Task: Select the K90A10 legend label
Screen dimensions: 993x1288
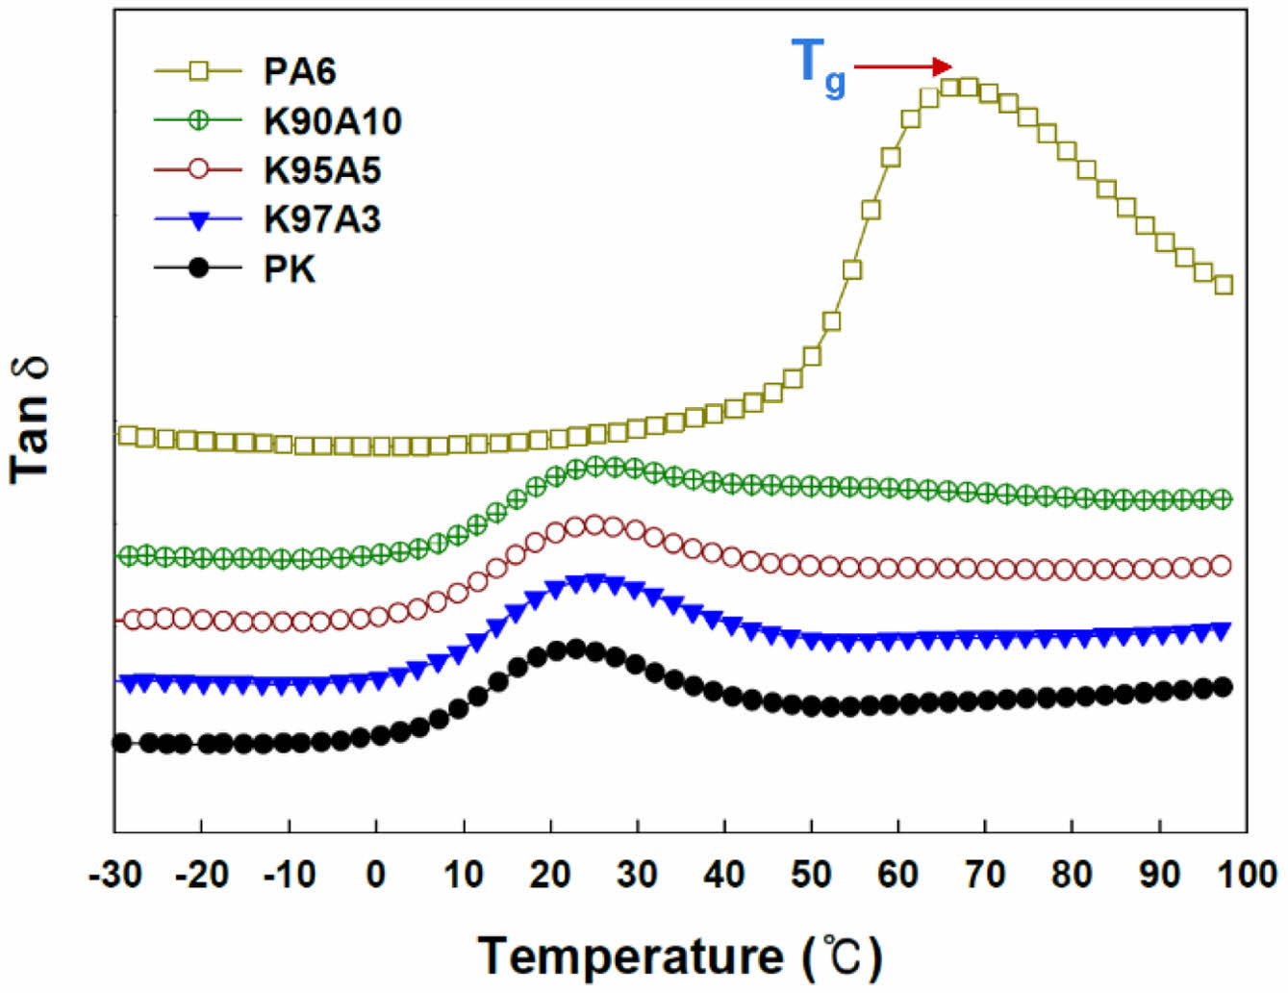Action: click(x=332, y=121)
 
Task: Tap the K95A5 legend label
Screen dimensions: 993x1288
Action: click(x=322, y=170)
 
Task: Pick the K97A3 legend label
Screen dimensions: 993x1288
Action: click(x=322, y=219)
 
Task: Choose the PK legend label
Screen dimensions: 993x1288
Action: click(x=290, y=269)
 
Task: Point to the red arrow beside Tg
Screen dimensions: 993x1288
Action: click(x=902, y=66)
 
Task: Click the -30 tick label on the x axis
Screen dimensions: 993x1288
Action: click(x=115, y=874)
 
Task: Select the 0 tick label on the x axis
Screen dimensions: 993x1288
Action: click(x=376, y=874)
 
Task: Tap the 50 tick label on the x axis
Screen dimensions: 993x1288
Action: click(x=811, y=874)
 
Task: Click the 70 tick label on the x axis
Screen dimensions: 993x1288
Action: click(x=985, y=874)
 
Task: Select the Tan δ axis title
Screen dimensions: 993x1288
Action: click(x=31, y=420)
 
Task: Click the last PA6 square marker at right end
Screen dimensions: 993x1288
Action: click(x=1224, y=285)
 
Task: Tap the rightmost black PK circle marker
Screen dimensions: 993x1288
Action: click(x=1223, y=687)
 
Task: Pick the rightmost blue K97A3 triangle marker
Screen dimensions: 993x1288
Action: click(x=1223, y=630)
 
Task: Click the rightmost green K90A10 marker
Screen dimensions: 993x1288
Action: click(x=1223, y=498)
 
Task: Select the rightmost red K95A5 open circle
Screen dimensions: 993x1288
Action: click(x=1222, y=566)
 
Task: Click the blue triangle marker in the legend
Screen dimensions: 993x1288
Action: click(x=198, y=220)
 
